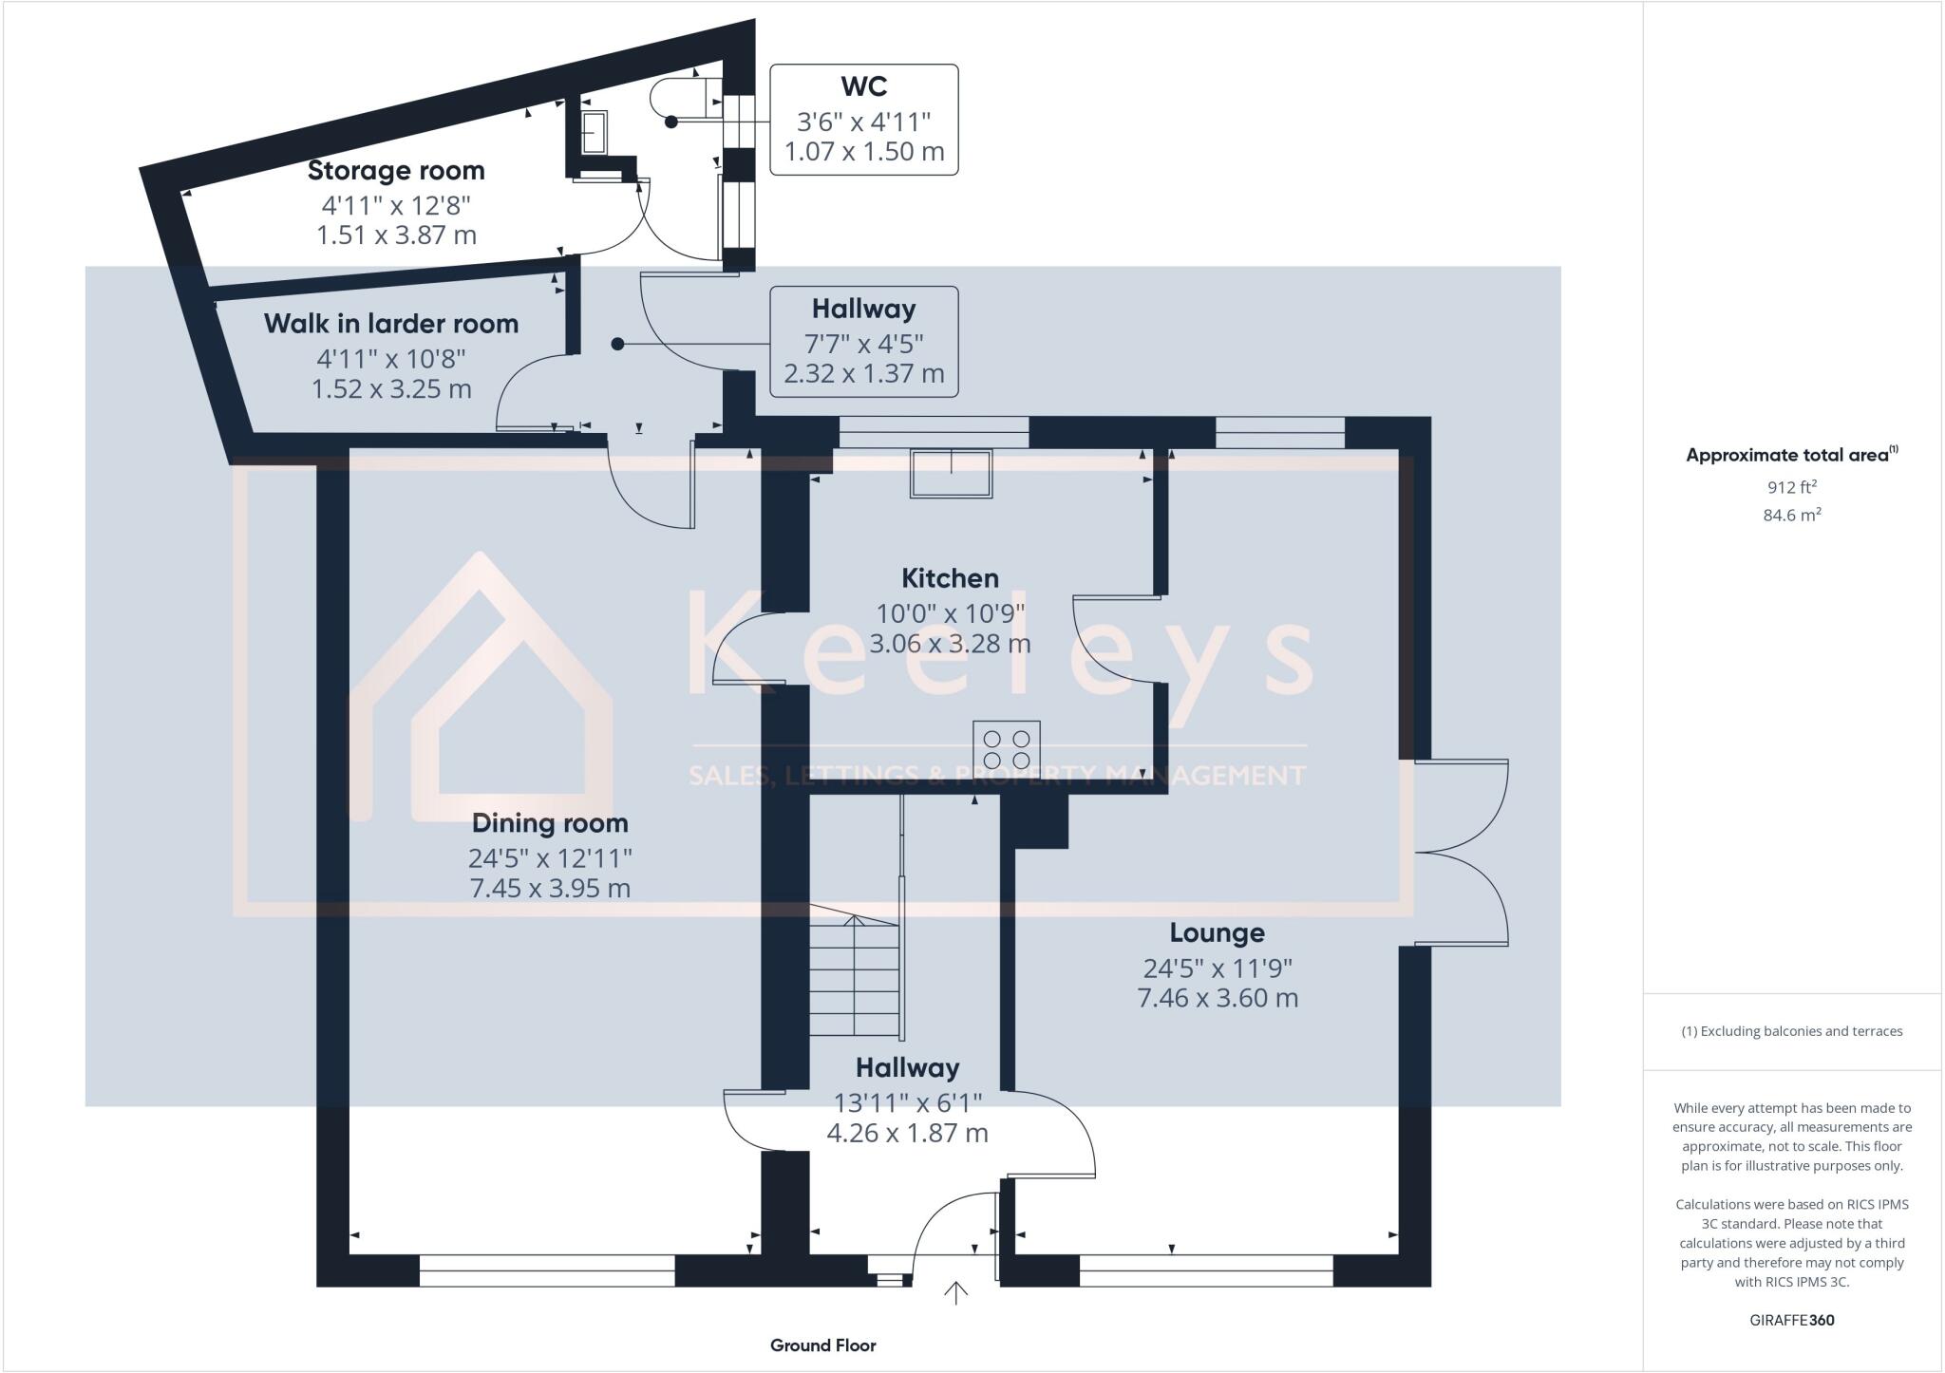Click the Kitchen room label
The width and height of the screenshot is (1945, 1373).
[950, 578]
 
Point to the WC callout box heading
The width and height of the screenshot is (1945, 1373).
[863, 86]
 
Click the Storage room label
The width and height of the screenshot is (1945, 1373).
[396, 171]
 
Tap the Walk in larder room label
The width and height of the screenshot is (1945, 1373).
[391, 324]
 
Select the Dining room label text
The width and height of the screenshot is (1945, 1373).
[550, 823]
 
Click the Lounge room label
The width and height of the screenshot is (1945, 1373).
[1217, 933]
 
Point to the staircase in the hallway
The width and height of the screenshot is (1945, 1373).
[854, 978]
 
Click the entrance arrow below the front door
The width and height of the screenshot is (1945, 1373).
[955, 1293]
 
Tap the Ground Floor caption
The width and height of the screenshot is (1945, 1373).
[822, 1345]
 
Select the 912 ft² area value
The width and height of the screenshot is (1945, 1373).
[1791, 487]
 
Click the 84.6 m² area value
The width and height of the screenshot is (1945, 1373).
[1791, 516]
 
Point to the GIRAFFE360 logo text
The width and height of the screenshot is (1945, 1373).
[1791, 1320]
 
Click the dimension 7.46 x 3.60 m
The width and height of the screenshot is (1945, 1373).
[1218, 998]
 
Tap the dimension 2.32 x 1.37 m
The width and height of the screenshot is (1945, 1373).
[863, 373]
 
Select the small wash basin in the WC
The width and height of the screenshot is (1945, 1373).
[594, 132]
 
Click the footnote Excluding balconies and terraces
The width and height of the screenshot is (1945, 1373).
[1791, 1031]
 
